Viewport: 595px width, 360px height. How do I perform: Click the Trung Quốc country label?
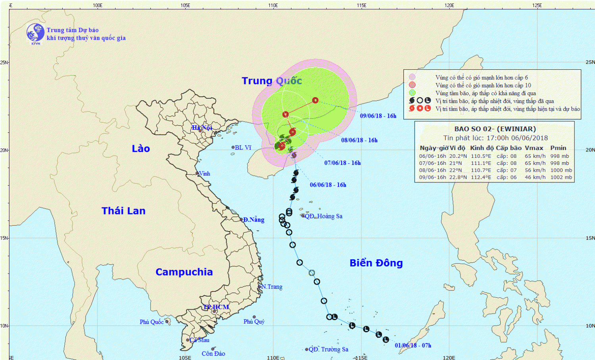(x=272, y=81)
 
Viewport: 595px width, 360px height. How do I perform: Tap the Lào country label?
(x=141, y=149)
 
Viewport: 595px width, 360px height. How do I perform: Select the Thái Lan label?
(x=123, y=211)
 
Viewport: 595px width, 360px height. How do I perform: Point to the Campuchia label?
(x=184, y=272)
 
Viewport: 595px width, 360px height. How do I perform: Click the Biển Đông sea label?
(x=376, y=263)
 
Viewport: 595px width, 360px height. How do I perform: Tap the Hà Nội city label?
(x=202, y=128)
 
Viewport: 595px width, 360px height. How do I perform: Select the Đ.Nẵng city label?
(x=253, y=220)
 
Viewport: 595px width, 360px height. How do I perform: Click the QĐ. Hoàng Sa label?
(x=323, y=216)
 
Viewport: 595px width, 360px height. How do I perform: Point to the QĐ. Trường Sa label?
(x=328, y=349)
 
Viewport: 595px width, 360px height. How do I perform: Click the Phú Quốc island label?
(x=152, y=322)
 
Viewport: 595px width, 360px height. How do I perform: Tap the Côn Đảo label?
(x=213, y=354)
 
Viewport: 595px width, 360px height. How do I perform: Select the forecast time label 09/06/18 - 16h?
(x=378, y=116)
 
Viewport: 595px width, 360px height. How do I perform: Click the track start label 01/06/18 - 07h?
(x=413, y=345)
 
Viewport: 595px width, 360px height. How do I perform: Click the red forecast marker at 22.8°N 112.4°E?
(x=315, y=100)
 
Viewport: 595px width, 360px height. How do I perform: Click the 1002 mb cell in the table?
(x=561, y=177)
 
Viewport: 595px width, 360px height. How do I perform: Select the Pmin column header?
(x=558, y=148)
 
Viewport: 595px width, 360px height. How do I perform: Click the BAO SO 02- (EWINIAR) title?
(x=495, y=129)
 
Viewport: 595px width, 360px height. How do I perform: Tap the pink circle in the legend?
(x=412, y=77)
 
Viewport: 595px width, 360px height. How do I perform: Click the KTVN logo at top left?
(x=35, y=33)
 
